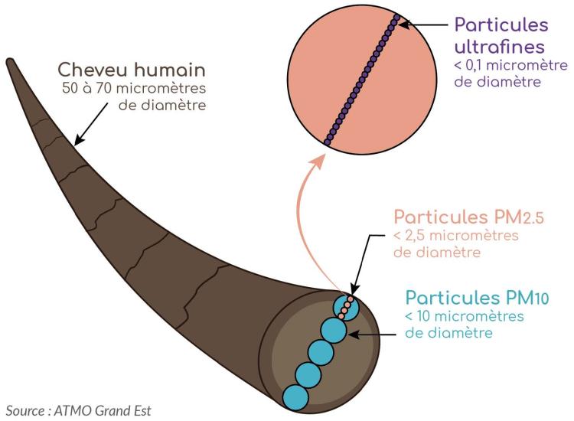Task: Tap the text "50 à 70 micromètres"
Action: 134,89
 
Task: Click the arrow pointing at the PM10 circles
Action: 375,334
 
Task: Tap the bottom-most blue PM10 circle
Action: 295,396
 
